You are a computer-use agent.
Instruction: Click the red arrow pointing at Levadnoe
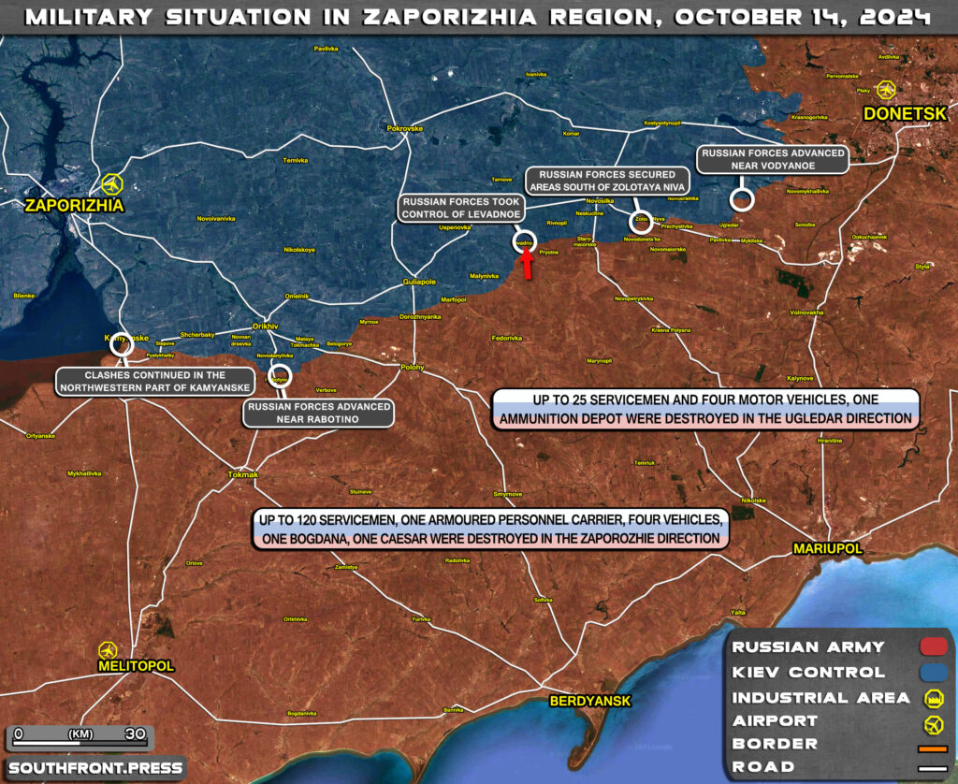pos(527,267)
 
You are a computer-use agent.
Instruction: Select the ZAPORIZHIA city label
pos(74,205)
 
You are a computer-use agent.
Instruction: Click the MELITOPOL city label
pos(136,665)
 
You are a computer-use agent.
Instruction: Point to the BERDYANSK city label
pos(590,701)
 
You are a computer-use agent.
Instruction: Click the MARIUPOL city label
pos(827,549)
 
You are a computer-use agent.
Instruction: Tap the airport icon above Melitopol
pos(108,649)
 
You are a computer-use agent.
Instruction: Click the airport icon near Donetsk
pos(886,90)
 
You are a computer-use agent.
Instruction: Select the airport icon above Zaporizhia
pos(114,182)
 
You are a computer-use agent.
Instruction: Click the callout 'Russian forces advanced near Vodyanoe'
pos(771,159)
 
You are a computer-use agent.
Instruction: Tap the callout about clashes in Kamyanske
pos(155,381)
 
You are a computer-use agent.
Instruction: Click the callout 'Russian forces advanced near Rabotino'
pos(317,413)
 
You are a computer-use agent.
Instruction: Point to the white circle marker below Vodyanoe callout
pos(742,198)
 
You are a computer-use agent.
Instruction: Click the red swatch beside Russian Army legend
pos(933,646)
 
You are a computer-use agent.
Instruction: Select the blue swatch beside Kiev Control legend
pos(933,672)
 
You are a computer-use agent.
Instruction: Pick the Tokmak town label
pos(242,474)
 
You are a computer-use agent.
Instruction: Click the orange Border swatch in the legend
pos(933,748)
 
